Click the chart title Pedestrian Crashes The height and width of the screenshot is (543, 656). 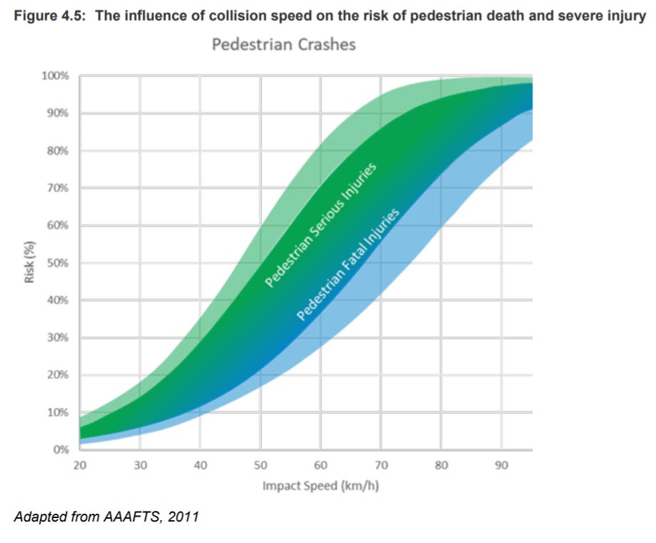(x=284, y=45)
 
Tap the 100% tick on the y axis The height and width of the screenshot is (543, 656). (x=54, y=76)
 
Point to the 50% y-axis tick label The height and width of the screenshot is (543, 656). (x=56, y=263)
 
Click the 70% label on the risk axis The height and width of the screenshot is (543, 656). (x=56, y=188)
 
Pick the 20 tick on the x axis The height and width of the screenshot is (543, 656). (x=79, y=466)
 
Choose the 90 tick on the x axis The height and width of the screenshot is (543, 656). (x=502, y=466)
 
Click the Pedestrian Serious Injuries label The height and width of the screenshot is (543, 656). (x=321, y=225)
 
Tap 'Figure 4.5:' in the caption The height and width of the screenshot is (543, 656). (x=47, y=16)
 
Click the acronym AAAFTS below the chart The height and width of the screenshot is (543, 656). (x=131, y=515)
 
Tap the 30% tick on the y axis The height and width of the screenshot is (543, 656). (x=56, y=338)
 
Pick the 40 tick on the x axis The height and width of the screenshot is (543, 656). (x=200, y=466)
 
